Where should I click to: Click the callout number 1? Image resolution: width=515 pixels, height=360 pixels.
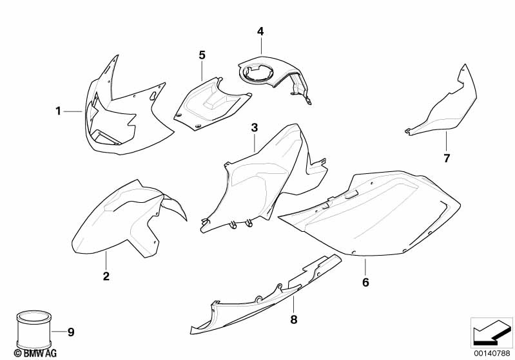tap(58, 111)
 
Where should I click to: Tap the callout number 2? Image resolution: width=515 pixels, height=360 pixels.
tap(106, 276)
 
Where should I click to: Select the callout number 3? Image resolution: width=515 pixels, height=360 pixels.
tap(255, 128)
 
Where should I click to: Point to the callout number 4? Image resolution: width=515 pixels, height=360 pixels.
tap(260, 32)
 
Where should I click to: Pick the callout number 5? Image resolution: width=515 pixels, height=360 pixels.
tap(202, 55)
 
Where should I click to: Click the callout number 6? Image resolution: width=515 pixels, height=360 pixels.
tap(365, 282)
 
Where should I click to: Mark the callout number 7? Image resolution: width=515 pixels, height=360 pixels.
tap(447, 158)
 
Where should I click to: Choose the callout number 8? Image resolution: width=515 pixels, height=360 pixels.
tap(294, 319)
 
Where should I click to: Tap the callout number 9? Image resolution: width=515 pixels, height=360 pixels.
tap(71, 332)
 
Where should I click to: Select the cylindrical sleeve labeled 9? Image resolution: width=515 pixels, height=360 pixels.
tap(34, 330)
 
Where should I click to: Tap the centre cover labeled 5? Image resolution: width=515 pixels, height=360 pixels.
tap(210, 104)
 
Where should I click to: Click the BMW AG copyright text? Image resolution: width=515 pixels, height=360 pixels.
tap(35, 354)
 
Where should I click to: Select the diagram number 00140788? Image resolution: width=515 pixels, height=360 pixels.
tap(492, 354)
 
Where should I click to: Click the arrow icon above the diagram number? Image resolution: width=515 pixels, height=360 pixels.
tap(491, 332)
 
